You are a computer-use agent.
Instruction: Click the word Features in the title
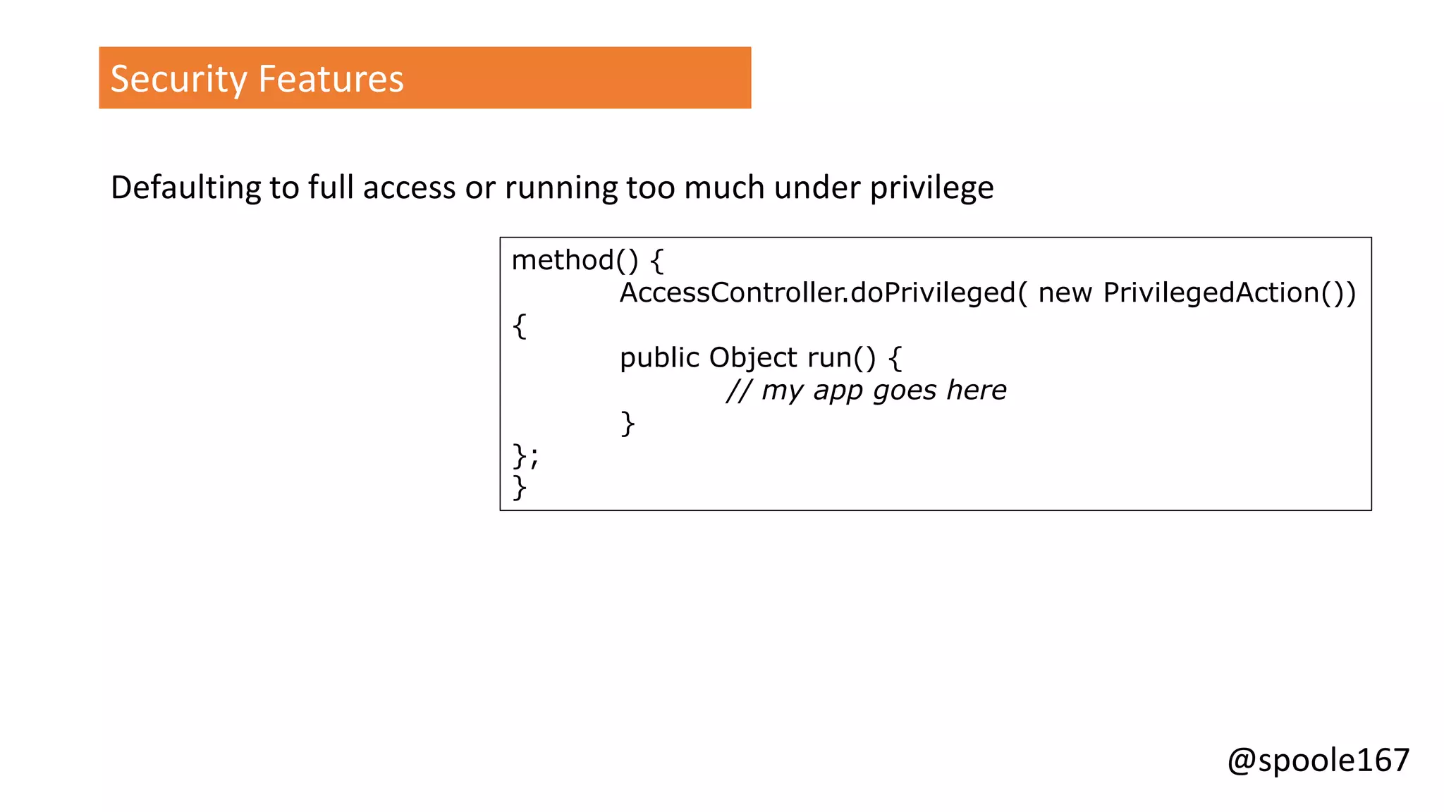pyautogui.click(x=331, y=79)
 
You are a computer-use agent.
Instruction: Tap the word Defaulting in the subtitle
pyautogui.click(x=185, y=188)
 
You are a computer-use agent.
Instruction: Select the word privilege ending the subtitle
pyautogui.click(x=931, y=188)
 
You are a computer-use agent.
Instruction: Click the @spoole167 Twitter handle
pyautogui.click(x=1318, y=761)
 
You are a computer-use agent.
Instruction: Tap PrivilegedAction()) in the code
pyautogui.click(x=1229, y=293)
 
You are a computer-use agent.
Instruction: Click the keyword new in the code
pyautogui.click(x=1065, y=293)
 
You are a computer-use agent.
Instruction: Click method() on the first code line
pyautogui.click(x=574, y=261)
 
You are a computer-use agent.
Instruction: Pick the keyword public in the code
pyautogui.click(x=659, y=358)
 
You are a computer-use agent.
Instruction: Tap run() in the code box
pyautogui.click(x=842, y=358)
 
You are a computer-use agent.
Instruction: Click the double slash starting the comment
pyautogui.click(x=739, y=390)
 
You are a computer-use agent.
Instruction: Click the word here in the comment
pyautogui.click(x=977, y=390)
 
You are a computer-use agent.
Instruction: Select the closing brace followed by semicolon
pyautogui.click(x=525, y=456)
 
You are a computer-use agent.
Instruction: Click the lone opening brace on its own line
pyautogui.click(x=520, y=326)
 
